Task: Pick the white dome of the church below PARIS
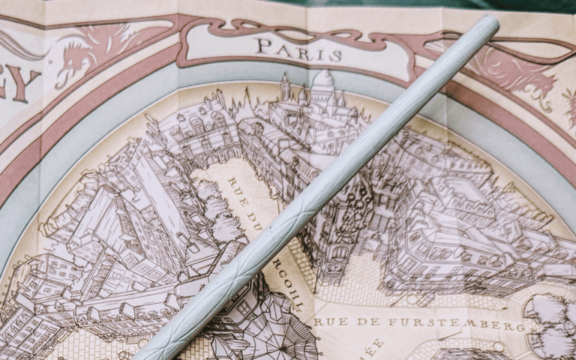coord(322,82)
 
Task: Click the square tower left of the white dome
coord(285,88)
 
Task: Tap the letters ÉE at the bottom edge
coord(375,347)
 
